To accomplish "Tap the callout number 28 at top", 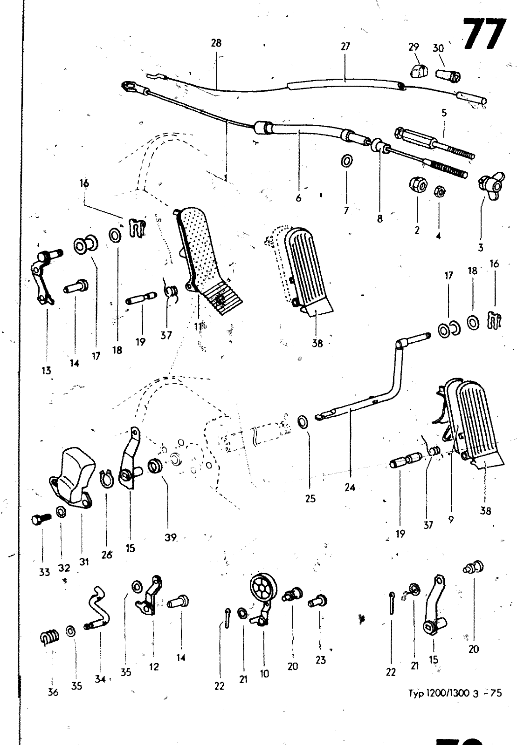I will point(216,43).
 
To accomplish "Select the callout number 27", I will point(345,46).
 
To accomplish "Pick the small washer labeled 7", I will point(346,161).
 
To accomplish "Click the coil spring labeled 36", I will point(50,636).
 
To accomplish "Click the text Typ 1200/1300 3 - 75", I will point(455,693).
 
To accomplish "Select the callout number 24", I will point(350,488).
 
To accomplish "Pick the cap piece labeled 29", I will point(419,70).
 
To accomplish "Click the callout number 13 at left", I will point(46,371).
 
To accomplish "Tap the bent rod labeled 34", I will point(99,611).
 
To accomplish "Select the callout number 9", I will point(451,520).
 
